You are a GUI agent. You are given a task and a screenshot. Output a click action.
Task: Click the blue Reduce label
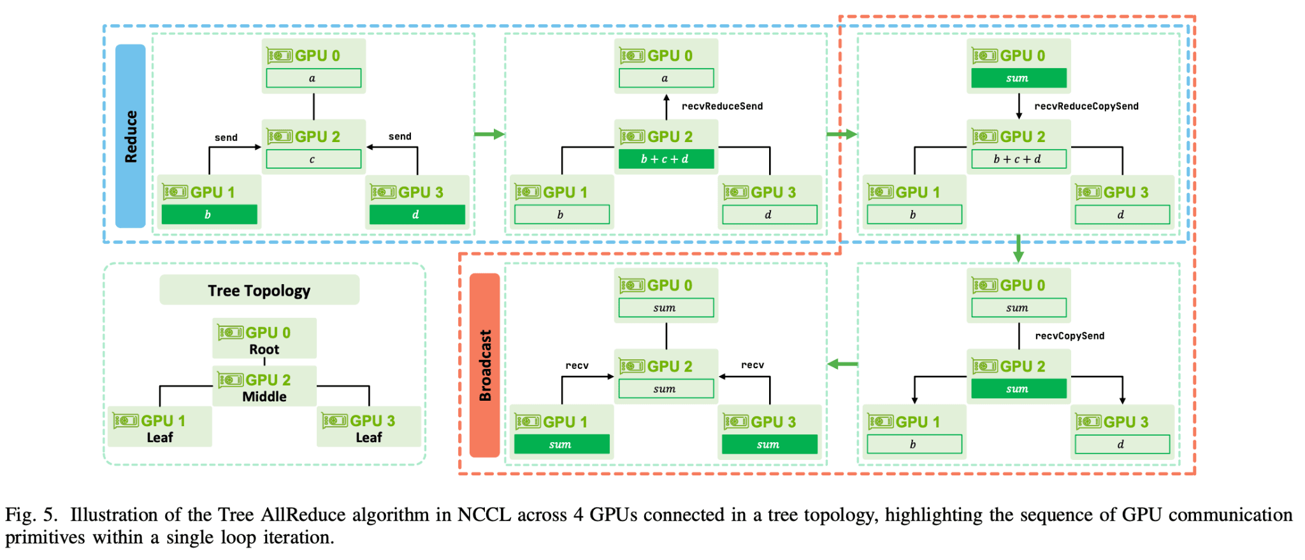pos(131,136)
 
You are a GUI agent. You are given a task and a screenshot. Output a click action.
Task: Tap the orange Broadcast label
pos(485,365)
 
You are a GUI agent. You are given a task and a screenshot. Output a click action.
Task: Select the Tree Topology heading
pos(259,291)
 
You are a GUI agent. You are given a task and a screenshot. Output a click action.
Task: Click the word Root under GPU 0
pos(264,349)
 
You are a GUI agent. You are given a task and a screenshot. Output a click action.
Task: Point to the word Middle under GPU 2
pos(264,396)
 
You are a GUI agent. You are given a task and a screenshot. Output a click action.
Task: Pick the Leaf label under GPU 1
pos(159,437)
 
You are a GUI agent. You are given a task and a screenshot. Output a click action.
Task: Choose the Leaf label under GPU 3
pos(368,437)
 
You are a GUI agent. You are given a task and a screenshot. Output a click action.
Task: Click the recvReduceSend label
pos(722,106)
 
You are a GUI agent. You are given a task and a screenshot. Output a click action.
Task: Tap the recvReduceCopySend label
pos(1086,106)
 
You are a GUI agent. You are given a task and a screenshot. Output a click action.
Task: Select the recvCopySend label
pos(1069,336)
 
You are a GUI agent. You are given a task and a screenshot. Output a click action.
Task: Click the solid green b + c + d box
pos(666,159)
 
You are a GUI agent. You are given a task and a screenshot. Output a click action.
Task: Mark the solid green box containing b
pos(209,215)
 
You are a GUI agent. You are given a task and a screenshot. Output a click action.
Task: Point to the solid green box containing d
pos(417,215)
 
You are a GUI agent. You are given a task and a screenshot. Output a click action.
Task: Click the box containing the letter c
pos(313,159)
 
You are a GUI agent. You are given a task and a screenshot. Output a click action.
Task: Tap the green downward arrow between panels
pos(1018,248)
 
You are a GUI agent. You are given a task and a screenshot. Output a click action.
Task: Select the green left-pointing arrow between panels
pos(842,364)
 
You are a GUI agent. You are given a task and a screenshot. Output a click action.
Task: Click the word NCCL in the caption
pos(484,515)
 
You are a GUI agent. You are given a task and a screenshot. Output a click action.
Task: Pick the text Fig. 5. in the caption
pos(31,515)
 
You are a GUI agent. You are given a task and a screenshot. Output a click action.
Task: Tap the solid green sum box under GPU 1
pos(561,444)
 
